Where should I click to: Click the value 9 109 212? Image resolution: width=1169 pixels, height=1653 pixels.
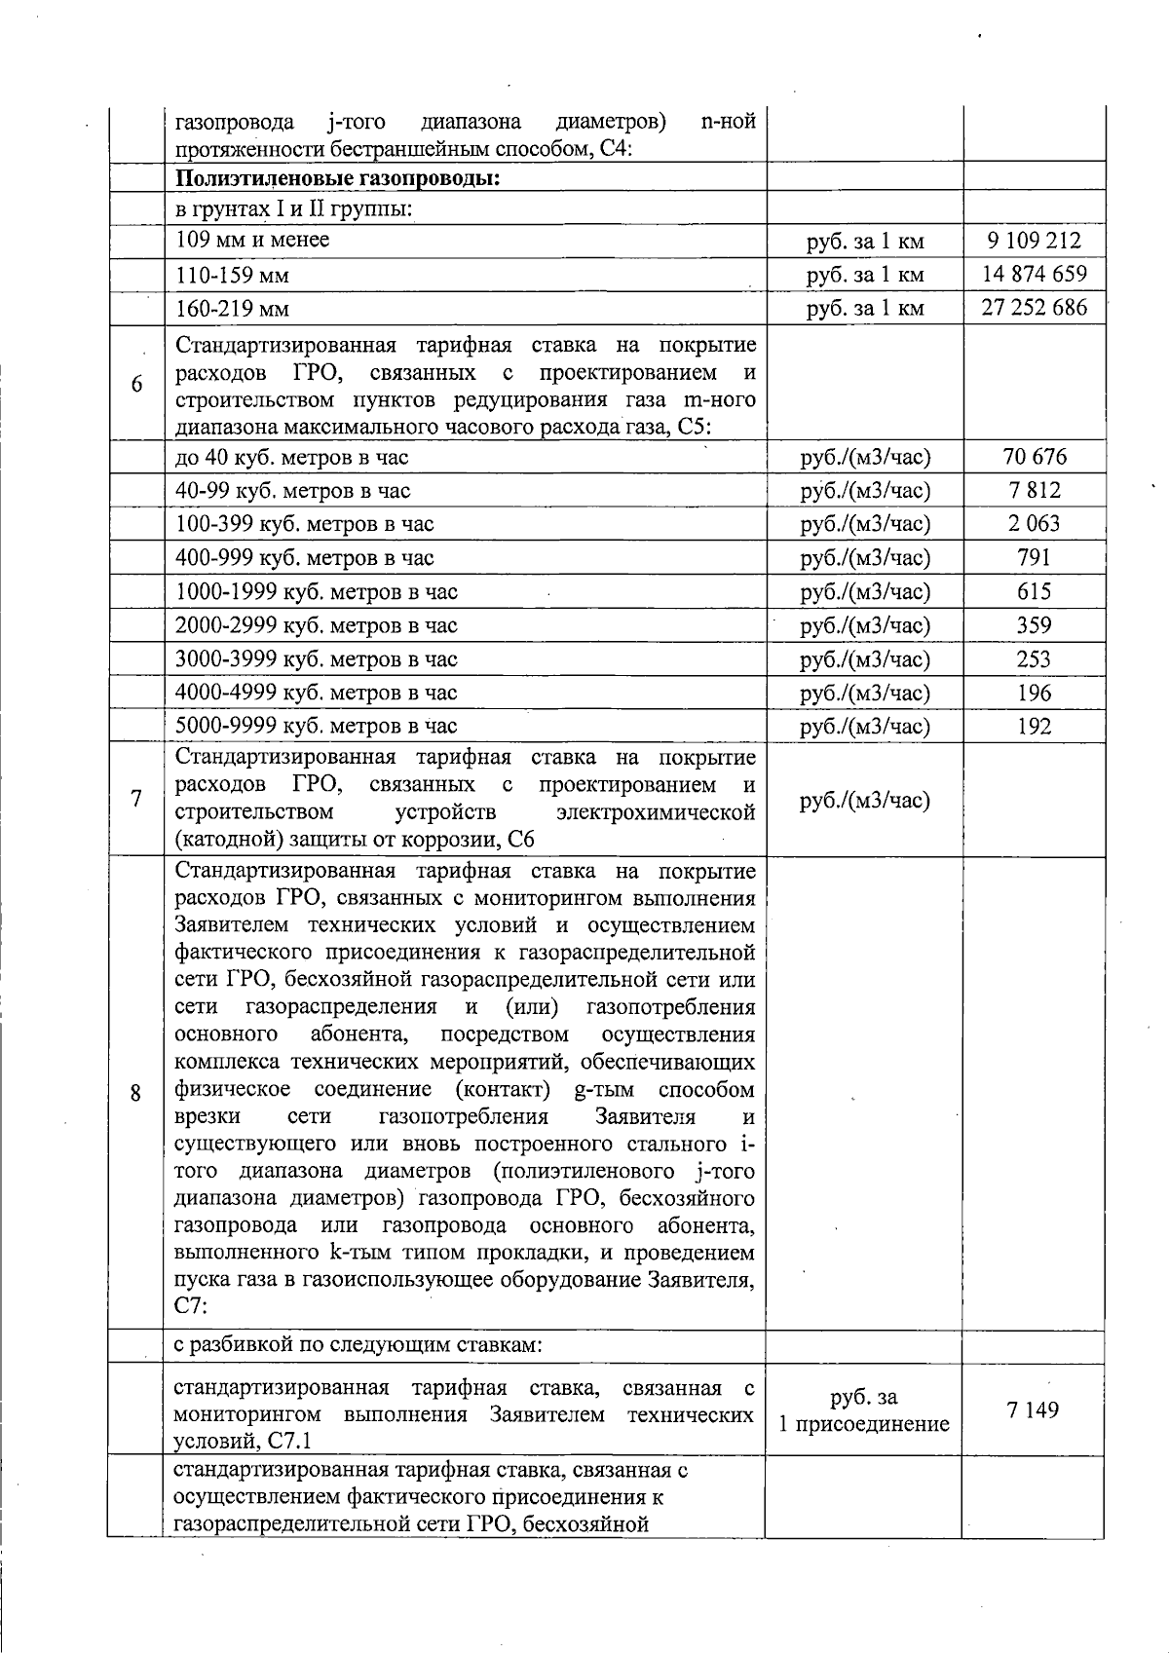(1034, 241)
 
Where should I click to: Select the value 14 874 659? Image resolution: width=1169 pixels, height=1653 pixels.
(1034, 275)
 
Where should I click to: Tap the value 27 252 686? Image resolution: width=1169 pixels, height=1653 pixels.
(1034, 309)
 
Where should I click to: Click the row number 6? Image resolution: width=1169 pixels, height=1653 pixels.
(136, 385)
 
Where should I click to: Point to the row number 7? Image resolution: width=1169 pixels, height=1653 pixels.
(136, 799)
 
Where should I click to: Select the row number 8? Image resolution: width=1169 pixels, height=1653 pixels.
(135, 1092)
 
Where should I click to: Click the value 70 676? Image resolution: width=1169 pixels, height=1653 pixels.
(1034, 457)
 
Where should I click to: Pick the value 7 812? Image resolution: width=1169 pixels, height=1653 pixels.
(1034, 490)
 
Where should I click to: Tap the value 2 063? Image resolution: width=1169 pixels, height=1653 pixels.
(1034, 524)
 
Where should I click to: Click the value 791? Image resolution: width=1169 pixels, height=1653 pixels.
(1034, 557)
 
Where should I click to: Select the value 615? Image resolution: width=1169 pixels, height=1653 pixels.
(1034, 591)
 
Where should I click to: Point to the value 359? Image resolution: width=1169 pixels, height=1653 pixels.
(1034, 625)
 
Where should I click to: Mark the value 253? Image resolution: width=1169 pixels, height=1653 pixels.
(1034, 658)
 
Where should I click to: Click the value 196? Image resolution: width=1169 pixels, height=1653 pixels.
(1034, 693)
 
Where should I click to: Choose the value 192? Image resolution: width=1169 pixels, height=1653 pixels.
(1034, 726)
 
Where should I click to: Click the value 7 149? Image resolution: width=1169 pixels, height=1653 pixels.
(1034, 1409)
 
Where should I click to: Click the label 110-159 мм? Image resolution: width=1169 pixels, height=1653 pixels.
(232, 276)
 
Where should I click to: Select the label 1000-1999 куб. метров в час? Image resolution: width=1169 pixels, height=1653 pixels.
(317, 592)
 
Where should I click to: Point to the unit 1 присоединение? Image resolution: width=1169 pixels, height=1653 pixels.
(863, 1424)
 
